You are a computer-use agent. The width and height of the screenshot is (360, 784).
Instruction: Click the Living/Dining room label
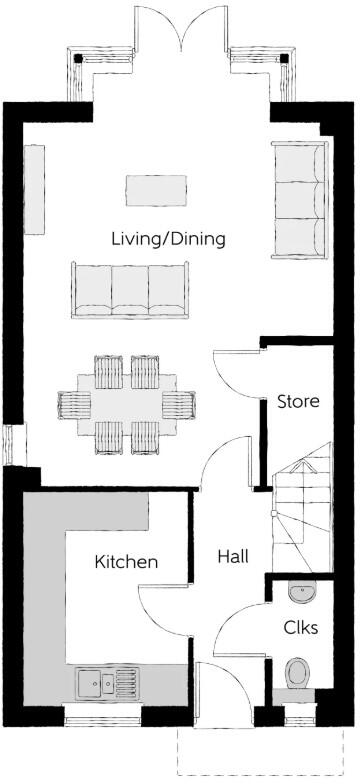168,239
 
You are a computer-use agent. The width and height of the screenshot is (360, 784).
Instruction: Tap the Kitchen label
126,562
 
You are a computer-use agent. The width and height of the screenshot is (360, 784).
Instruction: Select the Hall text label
232,556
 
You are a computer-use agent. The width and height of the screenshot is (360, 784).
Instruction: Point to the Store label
298,402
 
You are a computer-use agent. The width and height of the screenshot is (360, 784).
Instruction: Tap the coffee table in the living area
156,189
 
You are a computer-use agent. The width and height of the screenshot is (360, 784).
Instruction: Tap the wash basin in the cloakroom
302,592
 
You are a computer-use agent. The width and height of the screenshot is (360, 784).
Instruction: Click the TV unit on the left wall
36,190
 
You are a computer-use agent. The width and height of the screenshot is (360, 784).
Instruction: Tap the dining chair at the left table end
74,404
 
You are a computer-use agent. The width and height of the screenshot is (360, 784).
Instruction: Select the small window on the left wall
9,444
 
